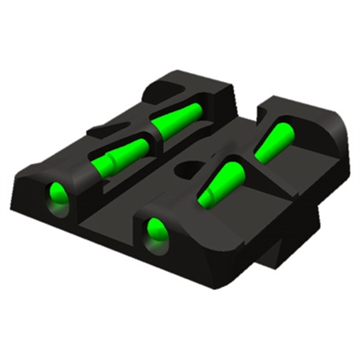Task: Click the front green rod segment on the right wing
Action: coord(222,183)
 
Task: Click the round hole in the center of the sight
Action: coord(185,169)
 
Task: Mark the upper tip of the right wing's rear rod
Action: coord(287,128)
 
